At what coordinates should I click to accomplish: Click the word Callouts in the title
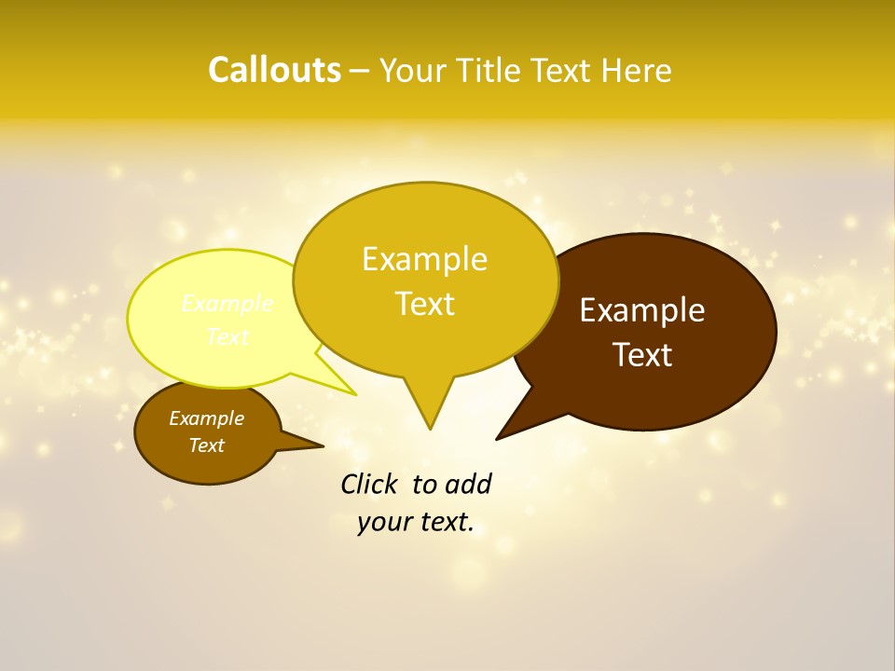[274, 70]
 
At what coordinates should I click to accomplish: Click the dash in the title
[360, 71]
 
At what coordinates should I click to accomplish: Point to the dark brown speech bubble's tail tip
[498, 438]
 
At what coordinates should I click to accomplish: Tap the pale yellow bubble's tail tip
[354, 394]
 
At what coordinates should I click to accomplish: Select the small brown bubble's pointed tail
[321, 446]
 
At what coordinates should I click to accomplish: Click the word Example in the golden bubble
[424, 259]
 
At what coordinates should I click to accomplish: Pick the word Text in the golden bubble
[424, 304]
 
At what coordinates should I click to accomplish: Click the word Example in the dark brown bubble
[642, 310]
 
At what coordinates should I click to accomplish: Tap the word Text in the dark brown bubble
[642, 355]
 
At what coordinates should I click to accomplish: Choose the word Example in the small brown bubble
[206, 418]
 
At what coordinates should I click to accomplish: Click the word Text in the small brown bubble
[206, 445]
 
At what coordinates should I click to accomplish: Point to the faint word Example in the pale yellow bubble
[227, 304]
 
